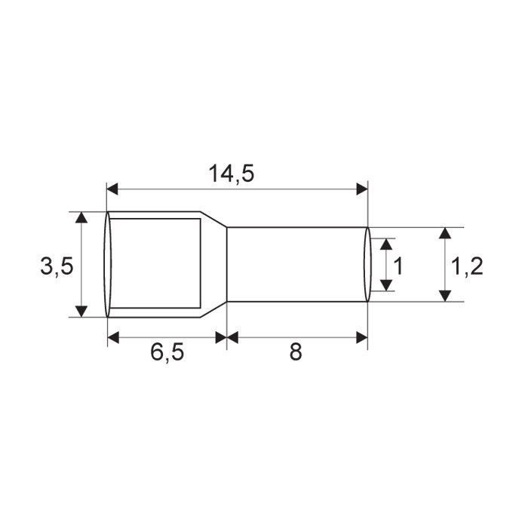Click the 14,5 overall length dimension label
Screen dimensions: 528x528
[x=231, y=173]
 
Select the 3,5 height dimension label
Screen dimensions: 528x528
[x=57, y=266]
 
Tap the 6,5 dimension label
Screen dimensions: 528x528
[x=167, y=352]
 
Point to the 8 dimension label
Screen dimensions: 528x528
[x=296, y=352]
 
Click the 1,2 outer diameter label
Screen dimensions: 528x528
[x=466, y=266]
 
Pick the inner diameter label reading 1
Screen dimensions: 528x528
[x=398, y=266]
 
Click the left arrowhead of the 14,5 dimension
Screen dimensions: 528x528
[x=112, y=189]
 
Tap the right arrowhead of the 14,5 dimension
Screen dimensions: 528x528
[x=362, y=189]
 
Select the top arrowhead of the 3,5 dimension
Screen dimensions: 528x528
[x=81, y=217]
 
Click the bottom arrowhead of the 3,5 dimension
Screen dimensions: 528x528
[x=81, y=312]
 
